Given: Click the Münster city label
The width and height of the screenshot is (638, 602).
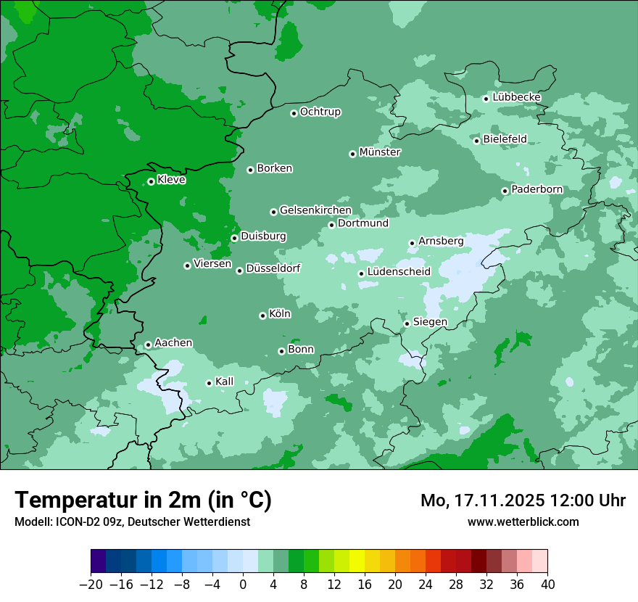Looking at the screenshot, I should click(x=380, y=152).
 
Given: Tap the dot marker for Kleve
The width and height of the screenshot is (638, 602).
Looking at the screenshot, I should click(x=151, y=181).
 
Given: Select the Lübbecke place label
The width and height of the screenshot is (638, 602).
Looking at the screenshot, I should click(x=516, y=97).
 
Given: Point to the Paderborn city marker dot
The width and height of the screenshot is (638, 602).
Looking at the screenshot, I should click(x=505, y=191).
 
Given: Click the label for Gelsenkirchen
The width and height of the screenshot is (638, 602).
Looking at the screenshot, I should click(x=315, y=210).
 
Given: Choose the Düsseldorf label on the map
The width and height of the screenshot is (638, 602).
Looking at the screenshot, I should click(x=273, y=268).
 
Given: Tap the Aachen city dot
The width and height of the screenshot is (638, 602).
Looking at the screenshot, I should click(x=148, y=345).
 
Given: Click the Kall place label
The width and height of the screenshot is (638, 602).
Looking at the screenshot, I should click(x=225, y=382).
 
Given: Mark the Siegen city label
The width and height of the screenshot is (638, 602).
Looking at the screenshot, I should click(x=430, y=322).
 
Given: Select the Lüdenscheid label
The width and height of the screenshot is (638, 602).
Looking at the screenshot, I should click(x=399, y=272).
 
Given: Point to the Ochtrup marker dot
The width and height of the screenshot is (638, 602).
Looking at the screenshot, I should click(x=294, y=112).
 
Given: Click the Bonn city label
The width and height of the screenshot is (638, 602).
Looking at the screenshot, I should click(x=301, y=350).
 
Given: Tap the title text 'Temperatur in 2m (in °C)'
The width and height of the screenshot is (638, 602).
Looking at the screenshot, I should click(x=143, y=500).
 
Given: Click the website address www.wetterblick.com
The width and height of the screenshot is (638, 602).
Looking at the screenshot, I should click(x=523, y=521).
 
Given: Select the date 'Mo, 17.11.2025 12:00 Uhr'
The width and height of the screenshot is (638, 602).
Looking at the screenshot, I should click(x=523, y=500).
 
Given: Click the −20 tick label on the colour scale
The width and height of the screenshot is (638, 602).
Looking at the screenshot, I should click(x=91, y=585).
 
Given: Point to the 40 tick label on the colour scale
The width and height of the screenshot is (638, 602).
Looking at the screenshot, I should click(x=547, y=585).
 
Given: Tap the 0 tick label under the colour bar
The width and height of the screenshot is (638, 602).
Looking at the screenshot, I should click(x=243, y=585).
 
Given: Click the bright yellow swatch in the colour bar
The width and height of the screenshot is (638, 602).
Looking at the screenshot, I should click(x=357, y=561).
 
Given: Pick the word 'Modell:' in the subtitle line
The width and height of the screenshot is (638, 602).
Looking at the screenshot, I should click(x=32, y=521).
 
